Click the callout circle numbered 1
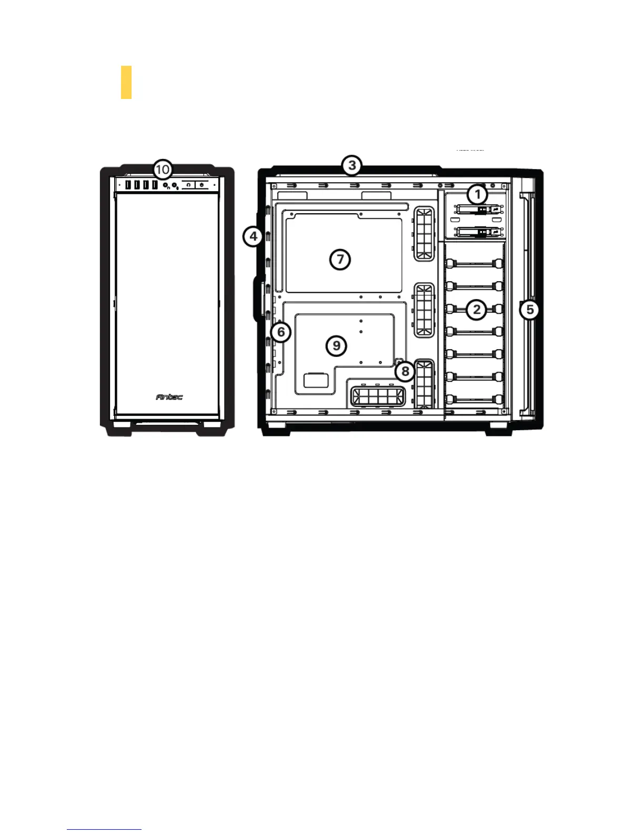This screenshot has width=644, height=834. tap(477, 194)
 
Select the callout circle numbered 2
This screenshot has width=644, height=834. tap(477, 309)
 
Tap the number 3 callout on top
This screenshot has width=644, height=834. tap(351, 165)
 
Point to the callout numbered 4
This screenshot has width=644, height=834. tap(253, 236)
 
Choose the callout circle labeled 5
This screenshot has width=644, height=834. tap(530, 309)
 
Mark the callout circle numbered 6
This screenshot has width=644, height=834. tap(281, 332)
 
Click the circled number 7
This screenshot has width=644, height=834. tap(340, 259)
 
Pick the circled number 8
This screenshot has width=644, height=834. tap(405, 371)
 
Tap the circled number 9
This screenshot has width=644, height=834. tap(336, 345)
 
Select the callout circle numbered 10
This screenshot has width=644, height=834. tap(163, 170)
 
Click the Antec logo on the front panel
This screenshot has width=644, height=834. tap(169, 397)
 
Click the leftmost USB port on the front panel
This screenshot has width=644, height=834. tap(128, 185)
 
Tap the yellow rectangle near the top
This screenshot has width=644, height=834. tap(126, 82)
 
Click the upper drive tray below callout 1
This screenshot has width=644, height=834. tap(477, 210)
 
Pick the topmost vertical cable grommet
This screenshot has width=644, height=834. tap(425, 233)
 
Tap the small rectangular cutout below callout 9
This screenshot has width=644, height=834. tap(316, 380)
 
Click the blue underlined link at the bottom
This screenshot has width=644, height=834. tap(104, 829)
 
